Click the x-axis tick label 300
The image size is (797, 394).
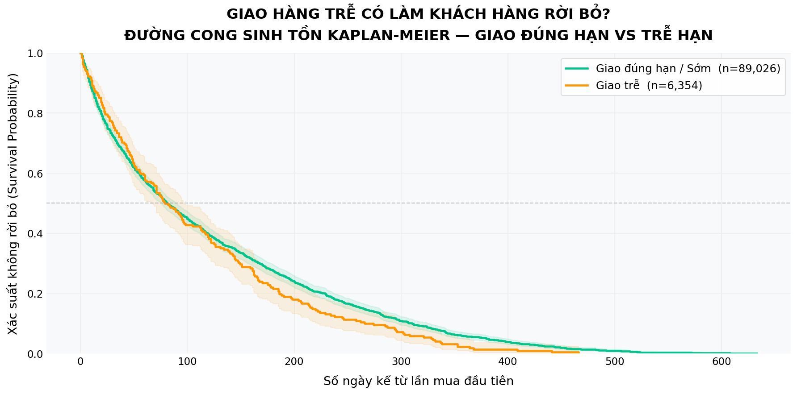401,362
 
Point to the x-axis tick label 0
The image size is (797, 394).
80,362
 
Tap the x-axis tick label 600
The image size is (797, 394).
721,362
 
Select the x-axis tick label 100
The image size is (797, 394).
187,362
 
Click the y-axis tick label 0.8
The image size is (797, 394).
35,113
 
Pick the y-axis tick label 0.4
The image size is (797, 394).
35,233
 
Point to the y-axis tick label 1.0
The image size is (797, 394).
35,54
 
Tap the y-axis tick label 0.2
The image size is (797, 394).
35,294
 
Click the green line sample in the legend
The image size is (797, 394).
577,68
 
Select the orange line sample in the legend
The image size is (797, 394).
577,85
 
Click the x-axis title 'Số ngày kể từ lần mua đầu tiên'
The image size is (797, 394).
418,381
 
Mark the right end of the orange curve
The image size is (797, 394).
579,353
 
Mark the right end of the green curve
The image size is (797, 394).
757,353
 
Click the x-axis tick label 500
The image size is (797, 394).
615,362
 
